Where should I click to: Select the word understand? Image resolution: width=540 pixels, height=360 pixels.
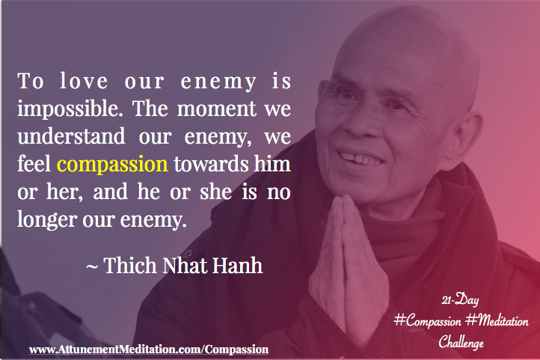click(x=71, y=136)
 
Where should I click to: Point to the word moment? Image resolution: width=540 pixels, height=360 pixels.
click(x=217, y=109)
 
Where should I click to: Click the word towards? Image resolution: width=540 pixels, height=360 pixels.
click(x=211, y=164)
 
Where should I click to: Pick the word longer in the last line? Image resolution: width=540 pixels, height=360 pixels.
click(x=46, y=220)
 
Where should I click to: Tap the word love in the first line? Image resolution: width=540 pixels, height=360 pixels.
click(x=84, y=81)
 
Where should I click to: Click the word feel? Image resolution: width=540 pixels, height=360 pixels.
click(x=34, y=164)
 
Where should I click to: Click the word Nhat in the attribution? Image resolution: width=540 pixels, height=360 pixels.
click(x=184, y=265)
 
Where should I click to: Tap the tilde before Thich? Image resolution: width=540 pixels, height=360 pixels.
click(x=91, y=267)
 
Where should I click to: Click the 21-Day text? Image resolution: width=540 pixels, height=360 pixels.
click(x=460, y=300)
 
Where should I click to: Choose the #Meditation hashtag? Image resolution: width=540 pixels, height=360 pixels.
click(x=497, y=321)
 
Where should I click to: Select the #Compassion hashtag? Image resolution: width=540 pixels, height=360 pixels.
click(x=427, y=321)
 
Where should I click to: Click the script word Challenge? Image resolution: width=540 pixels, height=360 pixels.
click(x=461, y=342)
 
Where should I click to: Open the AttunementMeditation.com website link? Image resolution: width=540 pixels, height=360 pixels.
click(x=149, y=350)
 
